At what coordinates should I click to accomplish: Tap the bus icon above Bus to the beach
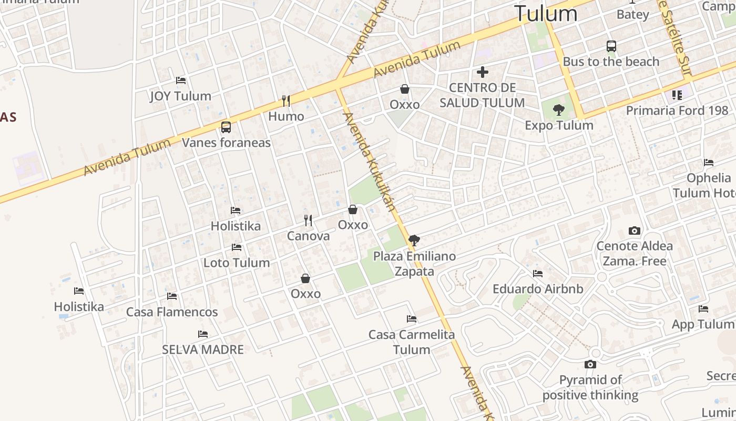click(611, 46)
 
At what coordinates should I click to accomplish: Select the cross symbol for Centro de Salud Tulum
click(483, 72)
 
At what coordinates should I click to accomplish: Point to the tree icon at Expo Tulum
click(559, 110)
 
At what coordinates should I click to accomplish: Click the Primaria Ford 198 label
click(677, 111)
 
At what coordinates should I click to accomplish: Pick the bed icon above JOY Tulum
click(181, 81)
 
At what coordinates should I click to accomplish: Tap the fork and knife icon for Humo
click(286, 101)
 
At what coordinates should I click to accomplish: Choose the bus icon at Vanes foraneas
click(226, 127)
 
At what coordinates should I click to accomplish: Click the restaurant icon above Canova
click(308, 220)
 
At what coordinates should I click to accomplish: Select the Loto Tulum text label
click(237, 263)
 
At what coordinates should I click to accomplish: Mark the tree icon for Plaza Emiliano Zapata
click(414, 240)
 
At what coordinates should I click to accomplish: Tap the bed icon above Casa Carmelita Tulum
click(412, 319)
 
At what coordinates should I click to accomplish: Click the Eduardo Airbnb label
click(538, 289)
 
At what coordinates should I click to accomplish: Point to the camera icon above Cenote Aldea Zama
click(635, 230)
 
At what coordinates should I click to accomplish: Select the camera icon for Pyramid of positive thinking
click(590, 364)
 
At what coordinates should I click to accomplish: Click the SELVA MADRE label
click(203, 349)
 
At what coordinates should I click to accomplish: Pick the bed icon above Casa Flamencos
click(172, 296)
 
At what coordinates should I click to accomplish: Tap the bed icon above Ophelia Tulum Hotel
click(709, 163)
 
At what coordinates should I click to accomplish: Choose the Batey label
click(633, 14)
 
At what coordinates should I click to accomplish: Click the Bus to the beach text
click(611, 62)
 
